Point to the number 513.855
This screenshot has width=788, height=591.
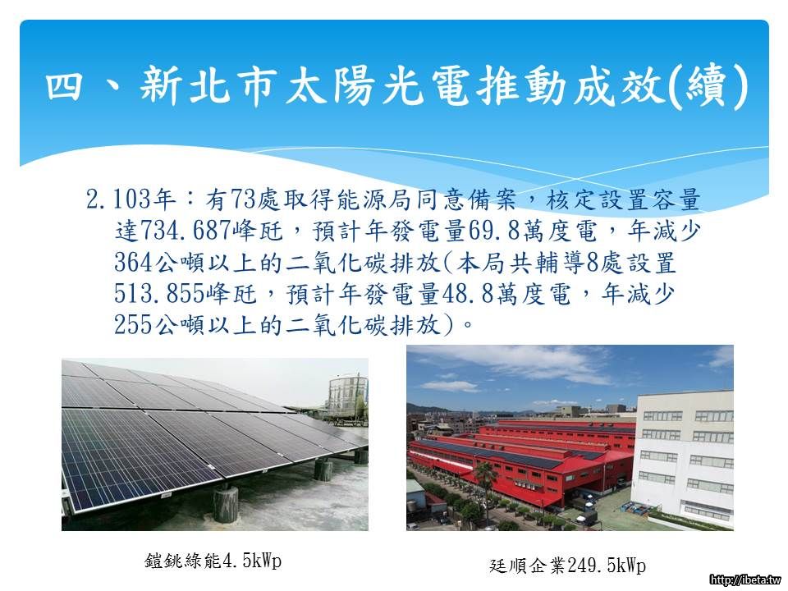tap(160, 294)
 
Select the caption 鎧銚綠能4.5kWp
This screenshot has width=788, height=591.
tap(213, 561)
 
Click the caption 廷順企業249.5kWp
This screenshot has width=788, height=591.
tap(567, 566)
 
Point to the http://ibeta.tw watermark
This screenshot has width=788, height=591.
tap(746, 580)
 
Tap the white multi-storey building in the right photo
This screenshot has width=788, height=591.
tap(684, 458)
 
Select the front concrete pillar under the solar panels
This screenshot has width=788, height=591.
tap(226, 503)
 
